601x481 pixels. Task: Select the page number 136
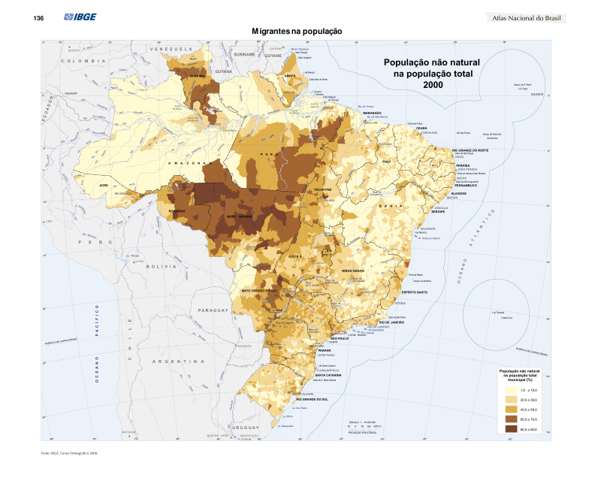38,18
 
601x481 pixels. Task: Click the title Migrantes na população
297,32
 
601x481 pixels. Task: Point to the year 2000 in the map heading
433,85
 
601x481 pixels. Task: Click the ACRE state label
104,184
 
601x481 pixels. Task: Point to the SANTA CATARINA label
329,374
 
